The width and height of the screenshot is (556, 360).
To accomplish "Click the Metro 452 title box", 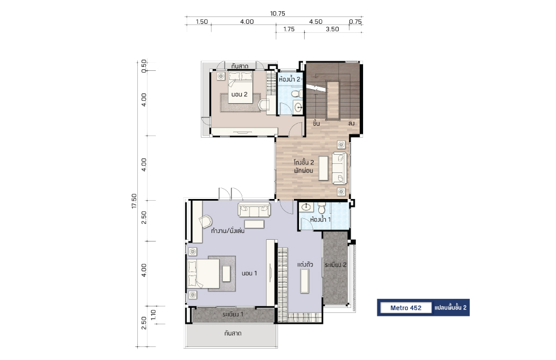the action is (406, 307).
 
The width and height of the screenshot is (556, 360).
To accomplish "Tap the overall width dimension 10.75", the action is (277, 14).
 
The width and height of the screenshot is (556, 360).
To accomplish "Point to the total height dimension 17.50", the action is (134, 201).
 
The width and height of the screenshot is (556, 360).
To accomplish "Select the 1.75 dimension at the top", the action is (289, 29).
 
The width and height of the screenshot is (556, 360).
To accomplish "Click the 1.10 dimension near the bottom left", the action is (153, 315).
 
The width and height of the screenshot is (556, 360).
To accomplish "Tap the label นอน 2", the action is (239, 94).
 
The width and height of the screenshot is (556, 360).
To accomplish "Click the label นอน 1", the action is (249, 273).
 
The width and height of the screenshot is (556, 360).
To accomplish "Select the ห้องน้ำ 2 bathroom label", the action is (289, 79).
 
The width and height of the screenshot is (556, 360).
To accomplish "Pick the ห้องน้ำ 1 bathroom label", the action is (320, 219).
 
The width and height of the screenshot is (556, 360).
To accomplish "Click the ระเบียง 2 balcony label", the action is (335, 265).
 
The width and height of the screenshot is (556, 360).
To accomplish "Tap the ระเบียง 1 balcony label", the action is (233, 314).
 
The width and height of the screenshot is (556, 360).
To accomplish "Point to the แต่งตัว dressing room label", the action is (305, 264).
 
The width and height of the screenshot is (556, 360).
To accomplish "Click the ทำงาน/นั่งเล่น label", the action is (228, 231).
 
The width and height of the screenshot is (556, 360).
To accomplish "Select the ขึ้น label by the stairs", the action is (317, 123).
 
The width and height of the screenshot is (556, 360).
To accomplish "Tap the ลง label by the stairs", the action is (351, 124).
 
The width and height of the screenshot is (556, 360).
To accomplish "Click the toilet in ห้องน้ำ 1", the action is (322, 208).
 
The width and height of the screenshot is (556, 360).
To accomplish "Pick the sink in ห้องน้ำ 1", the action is (306, 207).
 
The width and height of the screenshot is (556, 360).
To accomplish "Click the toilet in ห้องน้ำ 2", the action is (296, 94).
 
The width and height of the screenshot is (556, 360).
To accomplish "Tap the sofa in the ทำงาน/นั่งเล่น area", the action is (254, 210).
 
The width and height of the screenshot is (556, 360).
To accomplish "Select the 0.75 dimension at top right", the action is (355, 22).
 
